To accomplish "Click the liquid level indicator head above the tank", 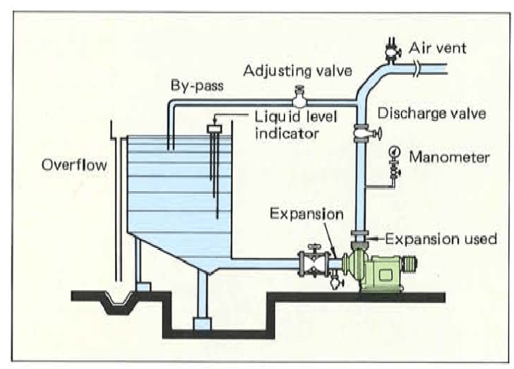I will click(x=215, y=128).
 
